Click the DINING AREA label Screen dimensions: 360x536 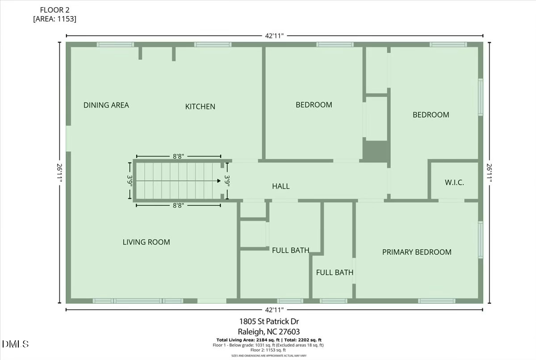pyautogui.click(x=106, y=105)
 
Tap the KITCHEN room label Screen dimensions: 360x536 pyautogui.click(x=200, y=107)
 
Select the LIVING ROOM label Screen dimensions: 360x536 pyautogui.click(x=147, y=242)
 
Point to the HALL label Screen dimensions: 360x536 pyautogui.click(x=281, y=186)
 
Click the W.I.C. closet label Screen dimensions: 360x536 pyautogui.click(x=454, y=183)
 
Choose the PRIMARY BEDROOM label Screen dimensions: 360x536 pyautogui.click(x=417, y=252)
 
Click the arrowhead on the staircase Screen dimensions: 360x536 pyautogui.click(x=219, y=181)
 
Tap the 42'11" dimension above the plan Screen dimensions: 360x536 pyautogui.click(x=275, y=36)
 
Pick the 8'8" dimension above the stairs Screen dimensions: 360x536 pyautogui.click(x=178, y=156)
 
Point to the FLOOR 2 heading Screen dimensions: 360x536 pyautogui.click(x=54, y=10)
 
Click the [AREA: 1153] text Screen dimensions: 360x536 pyautogui.click(x=54, y=19)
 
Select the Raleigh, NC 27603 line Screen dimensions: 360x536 pyautogui.click(x=269, y=331)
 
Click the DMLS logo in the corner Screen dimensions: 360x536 pyautogui.click(x=15, y=344)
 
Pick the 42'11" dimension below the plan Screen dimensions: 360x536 pyautogui.click(x=275, y=310)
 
